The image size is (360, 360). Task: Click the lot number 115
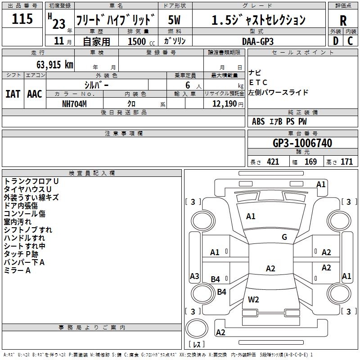22,18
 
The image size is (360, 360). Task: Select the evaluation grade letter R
343,20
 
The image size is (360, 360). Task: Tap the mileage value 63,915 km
55,64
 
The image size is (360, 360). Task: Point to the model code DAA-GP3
258,41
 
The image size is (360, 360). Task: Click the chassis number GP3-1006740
302,143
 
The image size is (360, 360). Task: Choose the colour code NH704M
74,104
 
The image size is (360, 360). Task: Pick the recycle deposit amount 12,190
224,104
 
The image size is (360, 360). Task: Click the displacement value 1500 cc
141,41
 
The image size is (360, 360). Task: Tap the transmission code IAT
13,94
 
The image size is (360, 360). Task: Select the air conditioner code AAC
35,94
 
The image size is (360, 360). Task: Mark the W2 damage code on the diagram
253,300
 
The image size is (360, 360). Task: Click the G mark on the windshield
284,237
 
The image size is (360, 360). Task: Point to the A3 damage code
194,276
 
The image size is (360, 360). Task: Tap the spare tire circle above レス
197,328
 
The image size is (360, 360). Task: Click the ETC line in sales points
258,82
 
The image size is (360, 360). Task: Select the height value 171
346,162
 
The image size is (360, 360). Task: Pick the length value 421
273,162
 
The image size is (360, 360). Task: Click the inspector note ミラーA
17,270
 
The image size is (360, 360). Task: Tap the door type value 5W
174,20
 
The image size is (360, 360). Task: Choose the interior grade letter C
350,41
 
